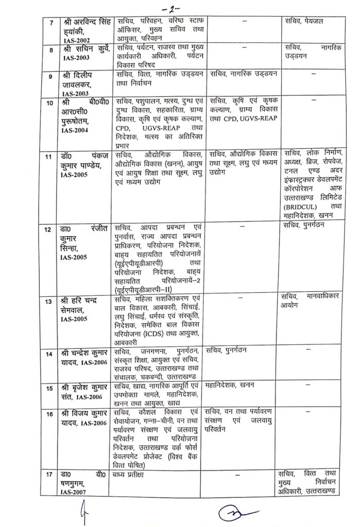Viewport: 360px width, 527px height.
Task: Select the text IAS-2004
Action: tap(78, 130)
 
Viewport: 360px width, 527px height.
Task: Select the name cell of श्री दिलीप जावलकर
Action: tap(84, 82)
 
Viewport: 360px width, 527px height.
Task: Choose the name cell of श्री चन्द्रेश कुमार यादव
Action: tap(84, 359)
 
